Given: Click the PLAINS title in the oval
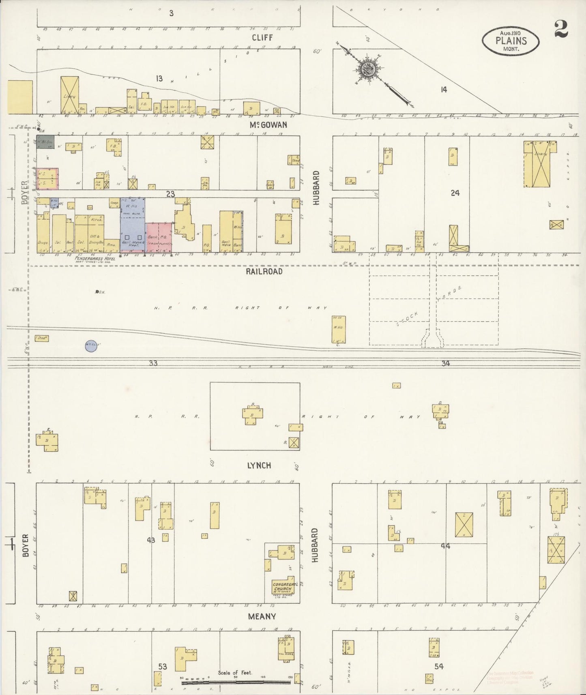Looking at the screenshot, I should (x=511, y=41).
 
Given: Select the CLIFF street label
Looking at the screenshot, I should (x=262, y=38).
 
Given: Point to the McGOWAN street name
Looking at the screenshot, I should (x=268, y=125).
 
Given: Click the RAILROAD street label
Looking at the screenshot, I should (x=264, y=272).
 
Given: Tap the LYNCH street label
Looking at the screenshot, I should (x=259, y=465).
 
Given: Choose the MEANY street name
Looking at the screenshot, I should (x=262, y=616).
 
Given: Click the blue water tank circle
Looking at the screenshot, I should (x=91, y=346).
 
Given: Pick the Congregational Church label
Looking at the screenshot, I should (x=285, y=586).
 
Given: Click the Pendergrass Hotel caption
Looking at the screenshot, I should (x=95, y=258).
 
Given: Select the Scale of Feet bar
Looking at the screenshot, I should (x=235, y=682).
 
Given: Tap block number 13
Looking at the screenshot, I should (x=159, y=78).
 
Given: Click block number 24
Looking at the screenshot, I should (x=455, y=193).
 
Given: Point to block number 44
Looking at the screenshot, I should (x=445, y=546).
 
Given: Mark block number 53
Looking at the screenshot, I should (x=163, y=667).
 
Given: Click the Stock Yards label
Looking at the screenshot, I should (x=430, y=307).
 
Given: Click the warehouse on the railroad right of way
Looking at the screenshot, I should (x=338, y=329).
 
